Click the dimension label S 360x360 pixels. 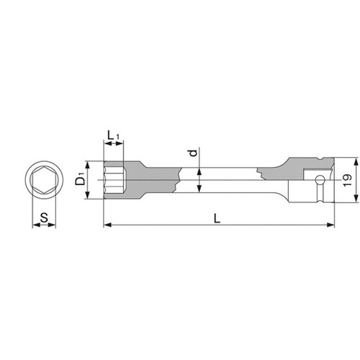44,218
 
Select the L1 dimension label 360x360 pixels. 113,136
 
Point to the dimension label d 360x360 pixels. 194,153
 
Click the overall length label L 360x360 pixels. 217,218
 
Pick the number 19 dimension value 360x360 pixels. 348,180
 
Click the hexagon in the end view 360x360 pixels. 44,180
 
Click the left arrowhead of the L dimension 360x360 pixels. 107,225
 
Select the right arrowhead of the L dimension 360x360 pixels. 330,225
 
